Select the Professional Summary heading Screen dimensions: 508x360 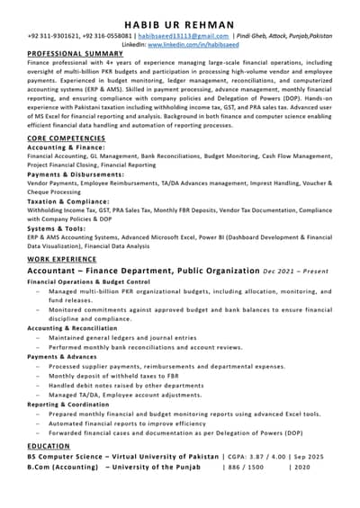(75, 53)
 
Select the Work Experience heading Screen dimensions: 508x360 (61, 259)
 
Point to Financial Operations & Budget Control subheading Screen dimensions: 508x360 (88, 281)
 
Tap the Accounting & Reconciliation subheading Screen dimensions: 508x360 (72, 328)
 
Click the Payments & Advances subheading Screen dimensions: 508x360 (61, 357)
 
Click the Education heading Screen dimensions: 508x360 (48, 445)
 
